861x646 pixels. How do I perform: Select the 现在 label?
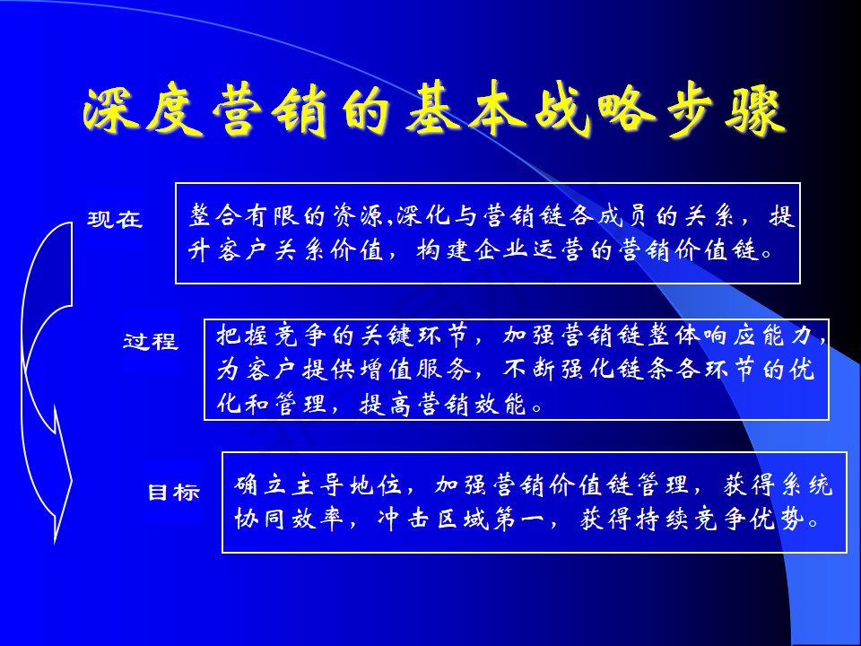coord(115,219)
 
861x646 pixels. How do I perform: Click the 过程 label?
coord(151,341)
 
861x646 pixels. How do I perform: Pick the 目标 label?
coord(173,492)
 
